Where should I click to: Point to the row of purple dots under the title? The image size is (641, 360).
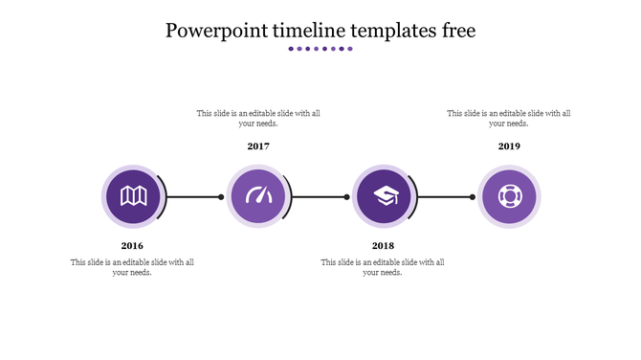[x=320, y=49]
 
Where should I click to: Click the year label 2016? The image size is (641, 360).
[x=132, y=246]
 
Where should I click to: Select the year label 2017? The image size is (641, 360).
[x=258, y=146]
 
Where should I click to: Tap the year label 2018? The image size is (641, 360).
[x=383, y=246]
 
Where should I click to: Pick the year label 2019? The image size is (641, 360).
[x=509, y=146]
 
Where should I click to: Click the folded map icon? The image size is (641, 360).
[x=132, y=196]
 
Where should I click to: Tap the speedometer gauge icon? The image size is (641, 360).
[x=258, y=196]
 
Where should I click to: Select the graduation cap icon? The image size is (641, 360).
[x=384, y=196]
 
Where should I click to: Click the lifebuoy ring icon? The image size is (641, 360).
[x=509, y=196]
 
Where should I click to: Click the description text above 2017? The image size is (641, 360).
[x=258, y=118]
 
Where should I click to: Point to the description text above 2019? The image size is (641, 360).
[x=509, y=118]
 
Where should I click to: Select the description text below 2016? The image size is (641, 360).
[x=132, y=267]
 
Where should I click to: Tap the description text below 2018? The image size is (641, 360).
[x=383, y=267]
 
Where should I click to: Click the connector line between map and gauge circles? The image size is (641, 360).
[x=194, y=197]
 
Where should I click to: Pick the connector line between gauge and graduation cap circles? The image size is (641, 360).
[x=320, y=197]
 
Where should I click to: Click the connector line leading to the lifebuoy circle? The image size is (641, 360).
[x=445, y=197]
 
